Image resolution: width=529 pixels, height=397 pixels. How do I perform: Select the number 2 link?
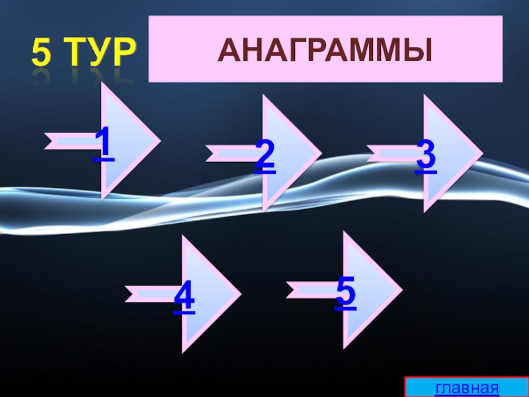pos(264,156)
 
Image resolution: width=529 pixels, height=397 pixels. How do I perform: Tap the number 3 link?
pos(426,156)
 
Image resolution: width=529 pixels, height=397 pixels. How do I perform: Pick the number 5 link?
pos(345,294)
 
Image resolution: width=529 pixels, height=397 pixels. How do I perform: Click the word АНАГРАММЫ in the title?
pos(325,50)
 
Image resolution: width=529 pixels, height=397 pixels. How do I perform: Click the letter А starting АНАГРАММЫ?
pos(228,50)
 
